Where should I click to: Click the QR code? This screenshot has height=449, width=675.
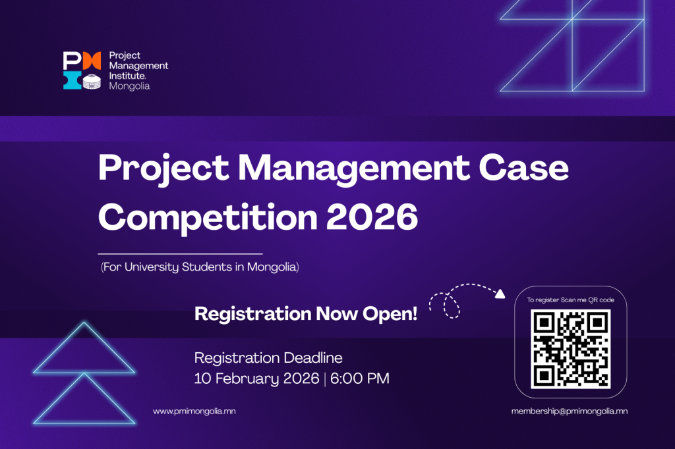pyautogui.click(x=570, y=349)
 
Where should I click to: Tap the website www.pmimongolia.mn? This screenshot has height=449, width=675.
pyautogui.click(x=194, y=411)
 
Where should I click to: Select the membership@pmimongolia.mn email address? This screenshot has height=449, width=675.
pyautogui.click(x=569, y=411)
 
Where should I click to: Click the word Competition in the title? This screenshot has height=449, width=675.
pyautogui.click(x=208, y=218)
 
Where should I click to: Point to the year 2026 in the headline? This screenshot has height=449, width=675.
pyautogui.click(x=372, y=217)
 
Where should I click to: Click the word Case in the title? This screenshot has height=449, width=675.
pyautogui.click(x=523, y=167)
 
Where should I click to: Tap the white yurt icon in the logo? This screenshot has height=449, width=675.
pyautogui.click(x=92, y=81)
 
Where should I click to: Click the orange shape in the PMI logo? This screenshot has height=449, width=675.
pyautogui.click(x=92, y=61)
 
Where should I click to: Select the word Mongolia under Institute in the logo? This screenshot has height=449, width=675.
pyautogui.click(x=129, y=86)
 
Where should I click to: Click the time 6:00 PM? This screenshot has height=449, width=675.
pyautogui.click(x=360, y=379)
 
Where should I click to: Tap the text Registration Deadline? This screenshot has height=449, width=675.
pyautogui.click(x=268, y=358)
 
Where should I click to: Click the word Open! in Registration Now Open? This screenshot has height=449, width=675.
pyautogui.click(x=390, y=314)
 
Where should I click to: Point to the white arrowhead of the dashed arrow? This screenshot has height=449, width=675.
pyautogui.click(x=500, y=294)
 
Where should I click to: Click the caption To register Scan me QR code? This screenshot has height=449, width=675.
pyautogui.click(x=570, y=300)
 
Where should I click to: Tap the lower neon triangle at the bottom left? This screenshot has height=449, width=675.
pyautogui.click(x=84, y=423)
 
